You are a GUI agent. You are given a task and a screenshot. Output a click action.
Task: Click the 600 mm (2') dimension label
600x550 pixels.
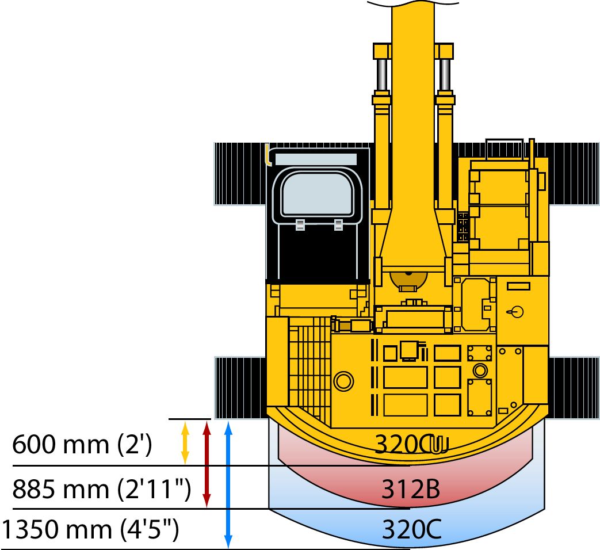coord(82,445)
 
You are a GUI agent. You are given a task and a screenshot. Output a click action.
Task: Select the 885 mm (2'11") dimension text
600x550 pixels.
coord(101,490)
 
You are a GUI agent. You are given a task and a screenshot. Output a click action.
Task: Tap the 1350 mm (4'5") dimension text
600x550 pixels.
coord(90,530)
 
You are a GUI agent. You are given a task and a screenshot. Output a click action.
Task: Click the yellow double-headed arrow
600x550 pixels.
coord(185,442)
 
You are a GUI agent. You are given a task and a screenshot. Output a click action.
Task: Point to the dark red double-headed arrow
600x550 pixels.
coord(207,464)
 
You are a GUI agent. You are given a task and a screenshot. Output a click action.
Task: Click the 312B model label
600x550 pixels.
coord(411,490)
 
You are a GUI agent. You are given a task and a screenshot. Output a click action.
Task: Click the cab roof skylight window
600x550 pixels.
coord(318,194)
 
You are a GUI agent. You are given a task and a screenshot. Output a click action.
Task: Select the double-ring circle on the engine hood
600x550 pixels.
coord(343,380)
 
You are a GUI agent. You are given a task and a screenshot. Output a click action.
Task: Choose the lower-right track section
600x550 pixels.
coord(574,387)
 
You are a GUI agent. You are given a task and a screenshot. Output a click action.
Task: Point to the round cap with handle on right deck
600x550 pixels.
coord(516,311)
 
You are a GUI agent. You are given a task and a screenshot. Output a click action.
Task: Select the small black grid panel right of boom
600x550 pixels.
coord(463,226)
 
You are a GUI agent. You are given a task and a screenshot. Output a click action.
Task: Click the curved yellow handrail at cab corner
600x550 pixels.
coord(267,155)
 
